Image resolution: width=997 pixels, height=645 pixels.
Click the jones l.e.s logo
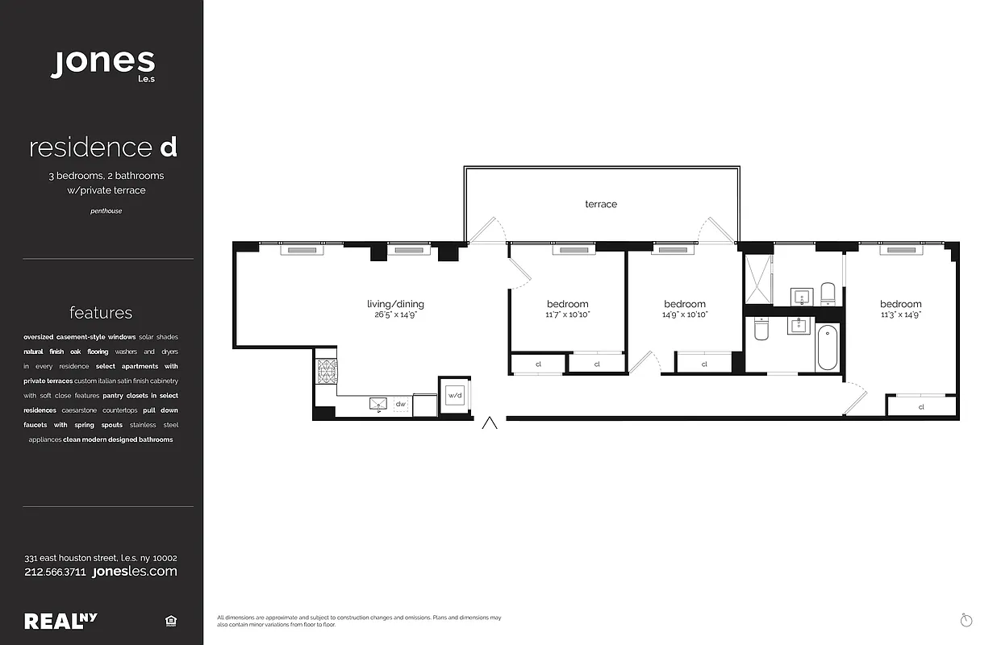tap(102, 64)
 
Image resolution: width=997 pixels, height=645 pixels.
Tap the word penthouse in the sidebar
tap(105, 211)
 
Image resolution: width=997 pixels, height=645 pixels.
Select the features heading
tap(101, 313)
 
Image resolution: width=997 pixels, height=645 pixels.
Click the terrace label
tap(601, 205)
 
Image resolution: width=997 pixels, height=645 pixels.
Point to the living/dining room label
tap(395, 304)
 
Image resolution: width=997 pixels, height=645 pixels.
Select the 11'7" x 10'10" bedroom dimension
tap(568, 314)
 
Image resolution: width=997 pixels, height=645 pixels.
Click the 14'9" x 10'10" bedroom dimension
tap(685, 314)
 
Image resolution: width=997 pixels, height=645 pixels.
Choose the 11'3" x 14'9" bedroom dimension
tap(900, 314)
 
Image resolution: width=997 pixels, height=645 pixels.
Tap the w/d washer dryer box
tap(455, 395)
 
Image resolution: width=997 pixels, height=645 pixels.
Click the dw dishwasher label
tap(401, 404)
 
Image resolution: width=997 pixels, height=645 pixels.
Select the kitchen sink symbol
tap(378, 404)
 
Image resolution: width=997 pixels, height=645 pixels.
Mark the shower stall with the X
tap(757, 279)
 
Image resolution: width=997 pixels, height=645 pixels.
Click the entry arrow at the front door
tap(489, 424)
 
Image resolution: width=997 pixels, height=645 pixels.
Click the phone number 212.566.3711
tap(56, 572)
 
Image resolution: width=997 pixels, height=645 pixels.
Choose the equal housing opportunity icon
tap(170, 621)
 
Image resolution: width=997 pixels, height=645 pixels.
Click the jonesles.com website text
tap(135, 572)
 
